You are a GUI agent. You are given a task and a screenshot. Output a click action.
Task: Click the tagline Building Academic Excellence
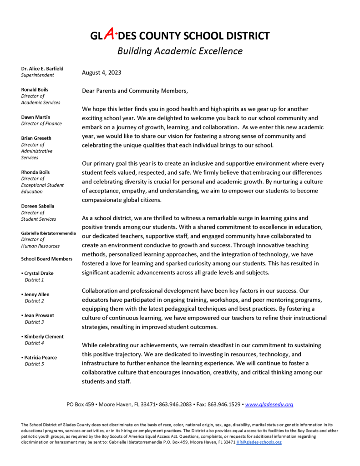(180, 51)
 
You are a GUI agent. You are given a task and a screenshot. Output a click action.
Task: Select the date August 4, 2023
(101, 72)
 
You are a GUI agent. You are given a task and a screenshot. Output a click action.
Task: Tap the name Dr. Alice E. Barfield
(42, 69)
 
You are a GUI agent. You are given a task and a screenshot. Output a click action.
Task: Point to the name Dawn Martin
(36, 117)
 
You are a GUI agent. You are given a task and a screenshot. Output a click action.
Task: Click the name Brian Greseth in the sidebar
(36, 138)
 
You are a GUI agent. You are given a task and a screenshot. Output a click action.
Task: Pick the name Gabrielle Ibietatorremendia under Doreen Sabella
(49, 233)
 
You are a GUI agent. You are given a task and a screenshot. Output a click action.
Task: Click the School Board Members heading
(46, 259)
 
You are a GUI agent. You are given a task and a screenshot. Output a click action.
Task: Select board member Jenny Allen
(37, 294)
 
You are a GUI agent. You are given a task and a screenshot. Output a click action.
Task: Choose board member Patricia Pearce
(41, 357)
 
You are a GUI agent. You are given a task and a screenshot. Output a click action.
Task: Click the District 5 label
(34, 364)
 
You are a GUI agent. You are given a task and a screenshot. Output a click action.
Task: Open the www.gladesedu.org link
(269, 404)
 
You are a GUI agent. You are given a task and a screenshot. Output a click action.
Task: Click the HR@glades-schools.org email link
(259, 442)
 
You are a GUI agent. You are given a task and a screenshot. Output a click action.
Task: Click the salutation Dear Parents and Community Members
(134, 91)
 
